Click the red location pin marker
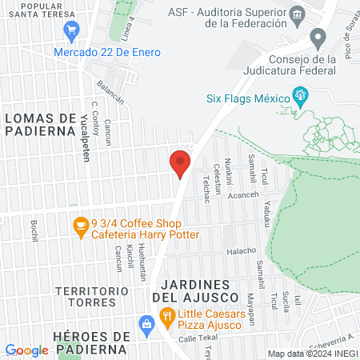(179, 163)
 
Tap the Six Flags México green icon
(302, 97)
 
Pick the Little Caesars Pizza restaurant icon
(166, 316)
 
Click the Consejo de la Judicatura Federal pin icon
(318, 38)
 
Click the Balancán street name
(110, 94)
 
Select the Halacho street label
(241, 250)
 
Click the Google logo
(26, 350)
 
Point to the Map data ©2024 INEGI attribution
(311, 354)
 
